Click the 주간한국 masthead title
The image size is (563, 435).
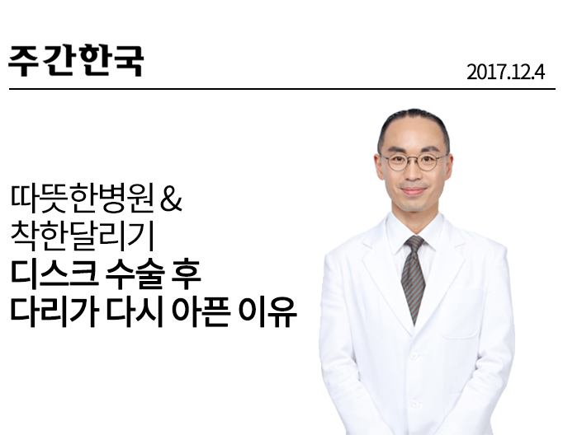tap(76, 61)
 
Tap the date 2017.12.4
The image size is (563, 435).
tap(505, 72)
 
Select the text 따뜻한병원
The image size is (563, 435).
tap(83, 199)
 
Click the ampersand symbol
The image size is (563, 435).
tap(171, 199)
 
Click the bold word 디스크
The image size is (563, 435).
tap(54, 274)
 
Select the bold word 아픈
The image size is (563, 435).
tap(201, 311)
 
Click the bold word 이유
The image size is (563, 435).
tap(267, 311)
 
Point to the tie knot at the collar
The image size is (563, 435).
tap(414, 243)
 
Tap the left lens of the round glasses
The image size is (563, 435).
tap(397, 162)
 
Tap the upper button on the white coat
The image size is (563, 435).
tap(414, 356)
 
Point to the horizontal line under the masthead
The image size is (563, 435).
tap(282, 88)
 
